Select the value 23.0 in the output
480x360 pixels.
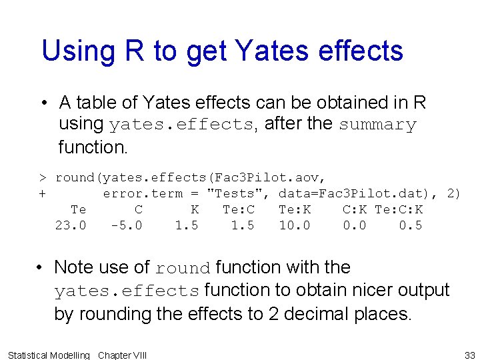[70, 225]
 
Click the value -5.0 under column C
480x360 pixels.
[126, 225]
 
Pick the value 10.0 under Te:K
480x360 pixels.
[294, 225]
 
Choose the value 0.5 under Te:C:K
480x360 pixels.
[410, 225]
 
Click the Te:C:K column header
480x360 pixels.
[398, 209]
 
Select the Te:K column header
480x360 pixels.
[294, 209]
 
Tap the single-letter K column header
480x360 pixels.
[195, 209]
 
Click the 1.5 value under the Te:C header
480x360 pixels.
[242, 225]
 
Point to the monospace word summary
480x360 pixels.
[377, 125]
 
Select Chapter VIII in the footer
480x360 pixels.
[122, 355]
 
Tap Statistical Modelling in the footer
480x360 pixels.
[48, 355]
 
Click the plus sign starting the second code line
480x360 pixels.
[42, 193]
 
